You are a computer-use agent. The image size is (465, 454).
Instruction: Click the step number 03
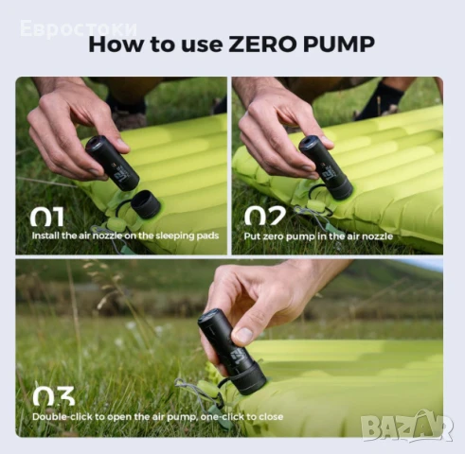click(x=53, y=396)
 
